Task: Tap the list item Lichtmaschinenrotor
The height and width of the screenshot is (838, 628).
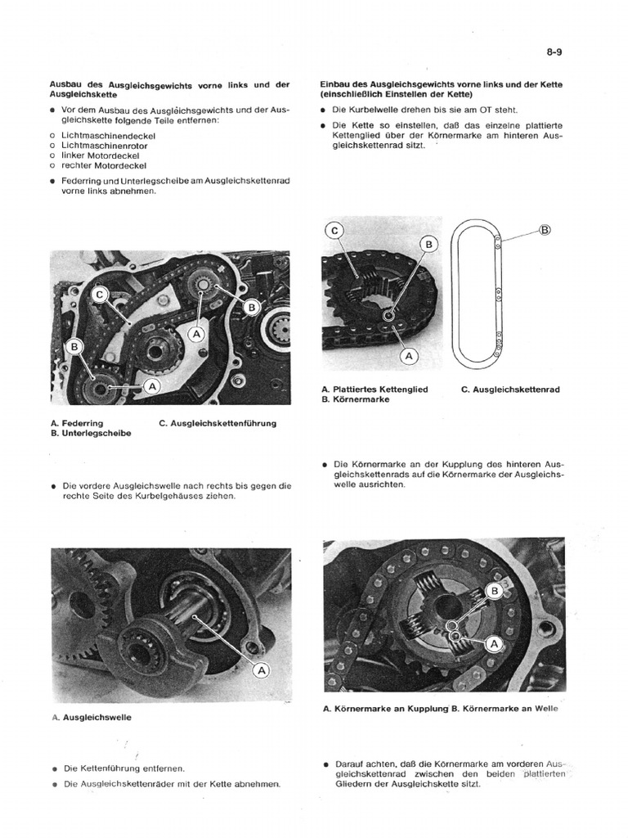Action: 105,144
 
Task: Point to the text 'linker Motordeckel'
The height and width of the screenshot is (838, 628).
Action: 100,155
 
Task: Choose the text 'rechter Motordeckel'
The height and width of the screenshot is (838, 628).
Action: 103,164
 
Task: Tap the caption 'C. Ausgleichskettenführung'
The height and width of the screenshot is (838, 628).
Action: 218,423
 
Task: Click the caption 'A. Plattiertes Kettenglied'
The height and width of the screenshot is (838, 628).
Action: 375,390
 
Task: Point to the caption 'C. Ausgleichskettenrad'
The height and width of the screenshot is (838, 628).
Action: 510,390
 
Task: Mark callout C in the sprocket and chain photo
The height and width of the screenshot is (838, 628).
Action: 334,232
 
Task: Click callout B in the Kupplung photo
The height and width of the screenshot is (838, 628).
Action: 495,590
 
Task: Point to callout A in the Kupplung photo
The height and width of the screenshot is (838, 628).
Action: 492,644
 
